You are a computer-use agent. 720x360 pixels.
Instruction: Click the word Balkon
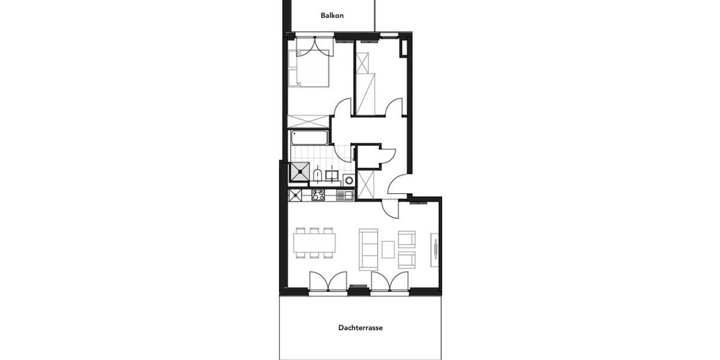[332, 16]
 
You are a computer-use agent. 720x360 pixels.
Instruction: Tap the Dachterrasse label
[360, 328]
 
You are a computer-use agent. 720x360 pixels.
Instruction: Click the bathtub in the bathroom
[310, 138]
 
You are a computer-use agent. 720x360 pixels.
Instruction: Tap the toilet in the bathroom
[316, 175]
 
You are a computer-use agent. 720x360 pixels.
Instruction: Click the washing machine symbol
[348, 179]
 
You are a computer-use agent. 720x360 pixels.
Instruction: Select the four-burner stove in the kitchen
[318, 195]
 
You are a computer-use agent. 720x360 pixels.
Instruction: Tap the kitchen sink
[344, 195]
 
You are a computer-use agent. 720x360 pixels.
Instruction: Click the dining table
[314, 243]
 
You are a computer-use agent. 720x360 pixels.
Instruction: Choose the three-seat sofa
[367, 248]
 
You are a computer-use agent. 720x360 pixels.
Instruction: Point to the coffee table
[388, 248]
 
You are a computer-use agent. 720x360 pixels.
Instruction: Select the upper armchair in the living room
[407, 239]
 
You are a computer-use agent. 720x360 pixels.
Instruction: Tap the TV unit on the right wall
[434, 251]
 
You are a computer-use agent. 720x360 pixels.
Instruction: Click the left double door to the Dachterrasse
[328, 283]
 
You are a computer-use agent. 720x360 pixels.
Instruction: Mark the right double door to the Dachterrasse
[390, 283]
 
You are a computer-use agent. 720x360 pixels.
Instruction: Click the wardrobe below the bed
[310, 119]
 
